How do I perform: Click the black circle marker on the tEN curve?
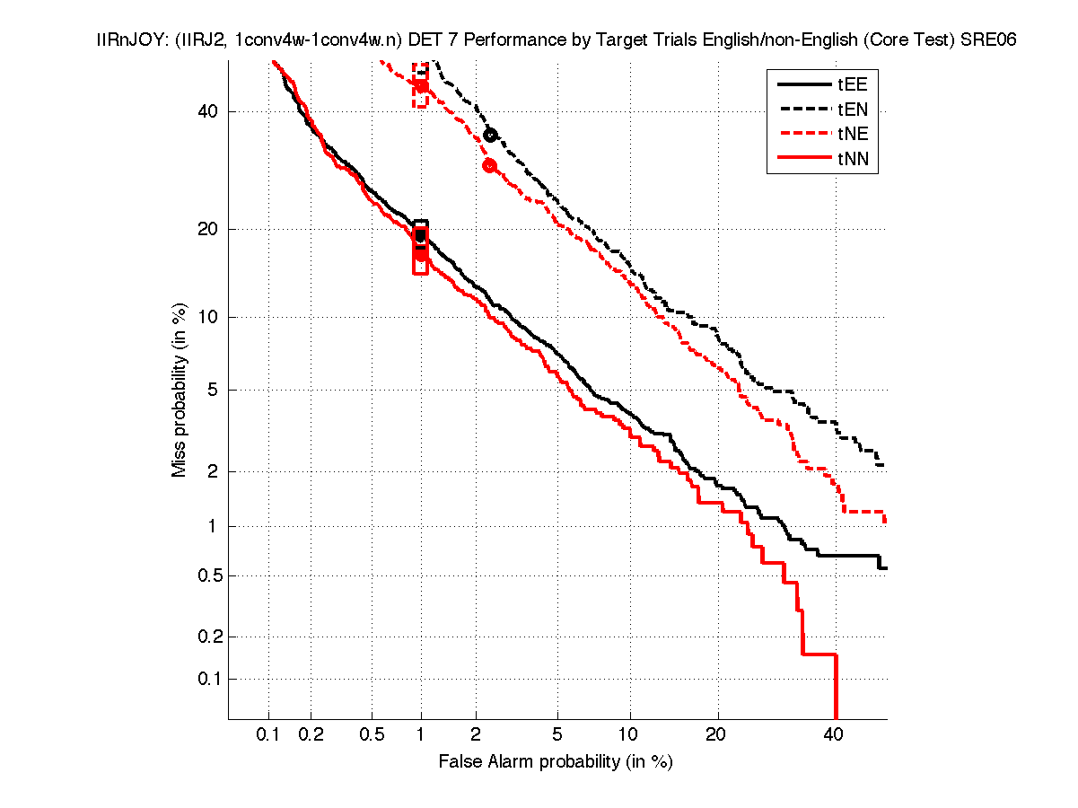point(490,135)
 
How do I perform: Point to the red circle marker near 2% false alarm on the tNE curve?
point(489,165)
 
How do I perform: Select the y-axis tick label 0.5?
point(207,575)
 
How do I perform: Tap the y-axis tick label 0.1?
point(207,679)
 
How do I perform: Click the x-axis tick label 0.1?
point(268,735)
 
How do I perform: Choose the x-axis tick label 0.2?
point(311,735)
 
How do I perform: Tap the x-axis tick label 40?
point(834,735)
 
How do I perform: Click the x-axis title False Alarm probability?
point(556,762)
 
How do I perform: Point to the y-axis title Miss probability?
point(180,390)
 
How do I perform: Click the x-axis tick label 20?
point(715,735)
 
